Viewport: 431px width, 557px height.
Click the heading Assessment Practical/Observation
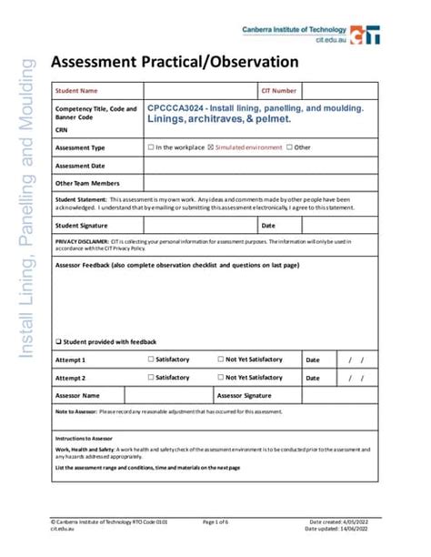coord(174,62)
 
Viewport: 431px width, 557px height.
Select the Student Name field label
coord(76,91)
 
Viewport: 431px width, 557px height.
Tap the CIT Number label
coord(278,91)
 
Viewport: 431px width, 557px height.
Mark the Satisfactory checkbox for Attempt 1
coord(151,360)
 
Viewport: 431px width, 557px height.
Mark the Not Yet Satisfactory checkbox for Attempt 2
coord(220,377)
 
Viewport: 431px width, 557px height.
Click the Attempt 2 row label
coord(71,377)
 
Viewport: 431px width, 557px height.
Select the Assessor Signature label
coord(245,395)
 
